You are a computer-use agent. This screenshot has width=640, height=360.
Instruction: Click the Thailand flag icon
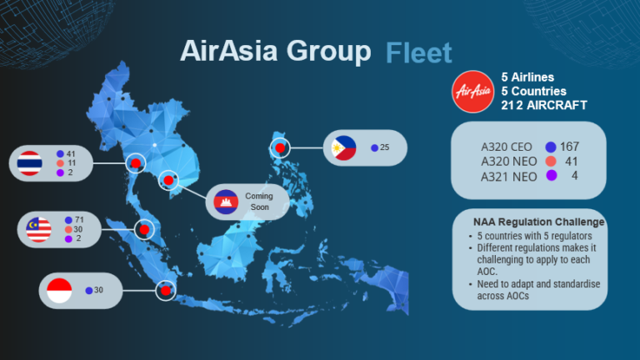[x=31, y=163]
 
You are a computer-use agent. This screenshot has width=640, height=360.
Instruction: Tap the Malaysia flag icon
[x=39, y=229]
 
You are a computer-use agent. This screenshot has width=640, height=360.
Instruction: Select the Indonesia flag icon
[x=59, y=290]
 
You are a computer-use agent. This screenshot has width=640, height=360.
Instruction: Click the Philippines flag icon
[x=343, y=147]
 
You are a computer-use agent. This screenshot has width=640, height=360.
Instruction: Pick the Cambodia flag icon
[x=227, y=202]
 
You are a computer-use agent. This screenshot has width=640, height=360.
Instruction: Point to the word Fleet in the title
[x=418, y=53]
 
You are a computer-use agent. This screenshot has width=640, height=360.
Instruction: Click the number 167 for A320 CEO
[x=569, y=146]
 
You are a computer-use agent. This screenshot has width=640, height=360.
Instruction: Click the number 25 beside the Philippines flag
[x=384, y=147]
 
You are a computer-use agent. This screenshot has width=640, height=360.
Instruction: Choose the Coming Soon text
[x=258, y=202]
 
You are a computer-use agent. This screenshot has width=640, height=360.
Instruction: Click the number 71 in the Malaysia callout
[x=79, y=219]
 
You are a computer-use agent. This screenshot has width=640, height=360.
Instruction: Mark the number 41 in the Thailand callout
[x=71, y=153]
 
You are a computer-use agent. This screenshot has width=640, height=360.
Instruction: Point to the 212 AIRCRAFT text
[x=543, y=106]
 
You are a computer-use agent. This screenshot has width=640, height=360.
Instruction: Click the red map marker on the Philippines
[x=281, y=148]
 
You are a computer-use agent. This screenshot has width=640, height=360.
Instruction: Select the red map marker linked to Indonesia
[x=166, y=290]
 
